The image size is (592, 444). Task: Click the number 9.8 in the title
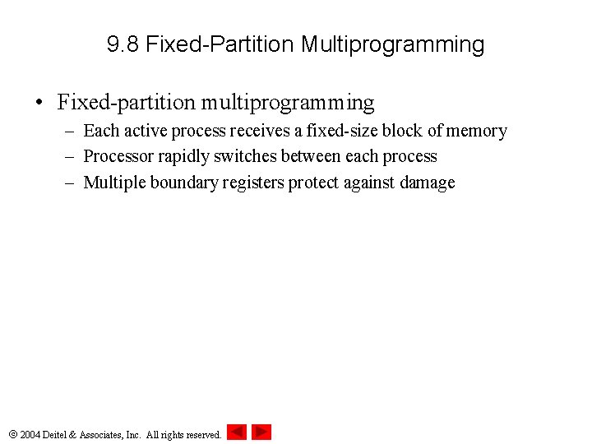point(123,44)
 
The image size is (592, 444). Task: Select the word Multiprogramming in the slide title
point(392,45)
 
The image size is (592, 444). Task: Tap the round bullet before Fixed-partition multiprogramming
point(39,104)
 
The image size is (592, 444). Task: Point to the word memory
point(476,131)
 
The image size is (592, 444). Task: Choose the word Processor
point(118,156)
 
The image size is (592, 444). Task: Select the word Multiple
point(114,183)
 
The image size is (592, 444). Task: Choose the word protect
point(315,183)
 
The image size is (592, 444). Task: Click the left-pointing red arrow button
point(237,432)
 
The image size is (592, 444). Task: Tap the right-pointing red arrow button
point(261,432)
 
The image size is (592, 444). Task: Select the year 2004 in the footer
point(30,434)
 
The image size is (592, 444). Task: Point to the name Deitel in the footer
point(57,434)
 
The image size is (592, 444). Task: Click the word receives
point(260,131)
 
